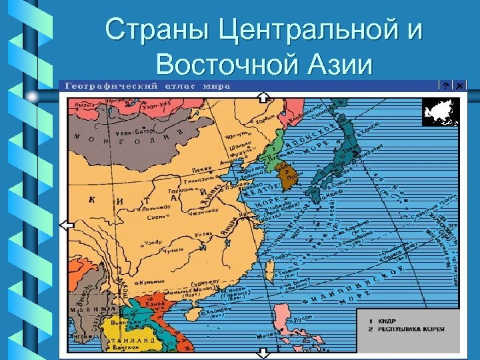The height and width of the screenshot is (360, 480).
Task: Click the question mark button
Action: tap(444, 86)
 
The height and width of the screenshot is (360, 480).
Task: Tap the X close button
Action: tap(459, 86)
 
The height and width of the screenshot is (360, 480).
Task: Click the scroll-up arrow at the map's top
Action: tap(263, 97)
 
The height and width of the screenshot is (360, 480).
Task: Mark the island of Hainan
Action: tap(193, 313)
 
